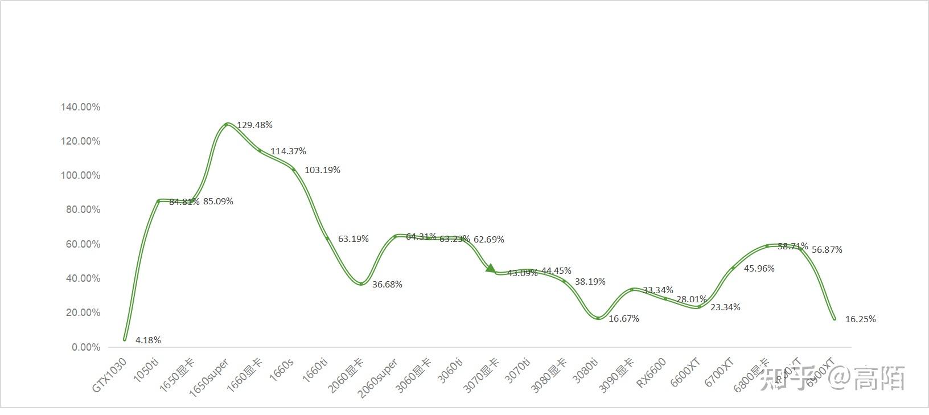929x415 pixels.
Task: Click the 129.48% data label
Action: (254, 125)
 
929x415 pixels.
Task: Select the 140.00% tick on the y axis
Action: (80, 107)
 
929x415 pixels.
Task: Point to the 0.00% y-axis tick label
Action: (86, 347)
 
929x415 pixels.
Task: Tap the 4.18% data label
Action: (148, 340)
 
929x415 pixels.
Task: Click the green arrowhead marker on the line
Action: (491, 268)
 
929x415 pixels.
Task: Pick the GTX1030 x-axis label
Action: (109, 375)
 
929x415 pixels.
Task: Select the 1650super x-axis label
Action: (209, 377)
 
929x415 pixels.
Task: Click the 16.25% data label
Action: (860, 319)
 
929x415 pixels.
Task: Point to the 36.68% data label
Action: (387, 285)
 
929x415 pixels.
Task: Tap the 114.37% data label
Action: (288, 151)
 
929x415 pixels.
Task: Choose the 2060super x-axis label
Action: (378, 377)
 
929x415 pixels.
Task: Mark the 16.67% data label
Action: (624, 319)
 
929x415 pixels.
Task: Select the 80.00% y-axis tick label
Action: (80, 209)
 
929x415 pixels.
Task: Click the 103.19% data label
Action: (322, 170)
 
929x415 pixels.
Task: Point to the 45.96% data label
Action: (759, 269)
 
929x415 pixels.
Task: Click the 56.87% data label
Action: (827, 250)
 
